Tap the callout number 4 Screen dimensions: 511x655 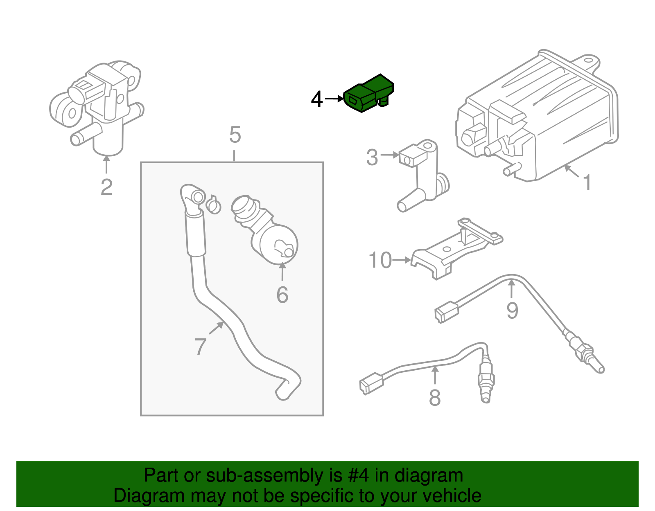316,99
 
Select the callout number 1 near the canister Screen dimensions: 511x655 587,182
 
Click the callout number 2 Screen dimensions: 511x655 106,187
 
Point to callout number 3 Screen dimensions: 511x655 372,158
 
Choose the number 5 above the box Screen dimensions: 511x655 235,135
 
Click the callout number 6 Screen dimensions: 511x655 282,295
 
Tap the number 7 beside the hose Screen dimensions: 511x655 200,347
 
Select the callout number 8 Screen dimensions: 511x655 434,398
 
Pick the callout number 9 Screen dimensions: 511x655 512,310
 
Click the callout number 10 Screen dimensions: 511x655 380,261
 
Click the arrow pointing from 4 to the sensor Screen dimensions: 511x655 335,99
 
